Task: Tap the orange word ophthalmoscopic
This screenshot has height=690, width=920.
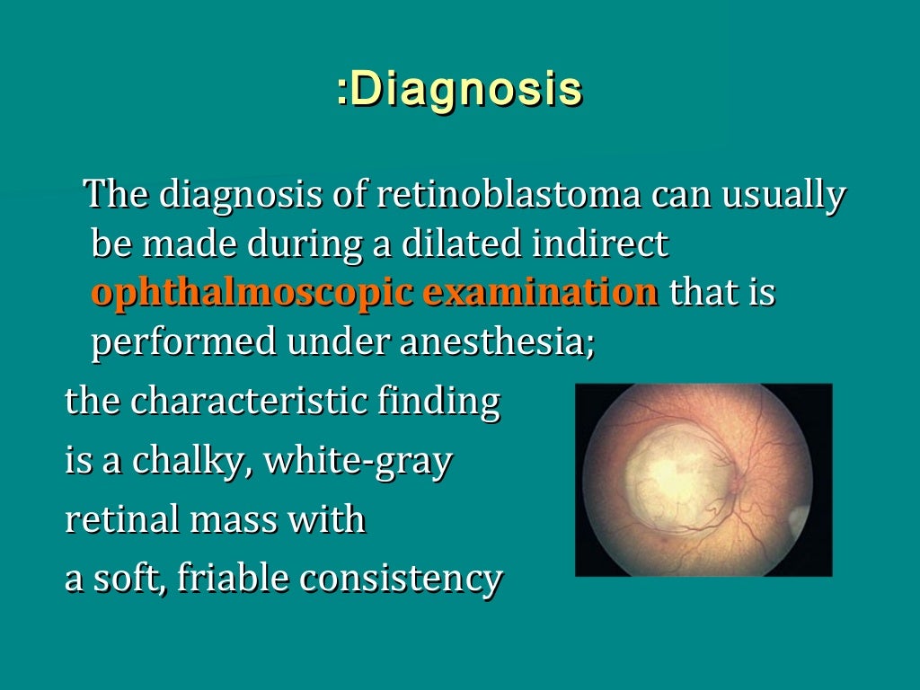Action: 252,294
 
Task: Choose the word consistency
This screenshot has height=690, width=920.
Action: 400,579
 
